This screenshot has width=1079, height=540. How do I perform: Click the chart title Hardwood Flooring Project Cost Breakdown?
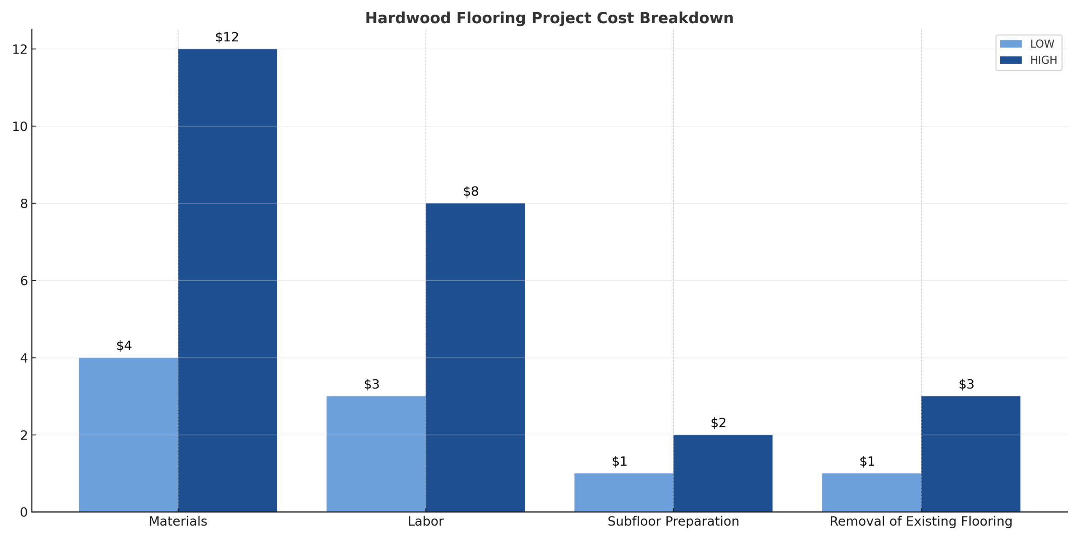coord(549,18)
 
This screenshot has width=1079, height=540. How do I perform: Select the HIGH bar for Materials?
coord(227,280)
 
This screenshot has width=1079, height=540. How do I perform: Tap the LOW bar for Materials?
coord(128,435)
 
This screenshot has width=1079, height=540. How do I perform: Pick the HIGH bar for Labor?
coord(475,357)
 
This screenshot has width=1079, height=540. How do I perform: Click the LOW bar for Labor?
coord(376,454)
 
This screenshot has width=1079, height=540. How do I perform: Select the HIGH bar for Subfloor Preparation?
coord(723,473)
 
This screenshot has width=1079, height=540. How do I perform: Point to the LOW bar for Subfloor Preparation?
coord(624,492)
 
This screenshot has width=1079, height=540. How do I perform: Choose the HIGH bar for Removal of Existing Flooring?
coord(971,454)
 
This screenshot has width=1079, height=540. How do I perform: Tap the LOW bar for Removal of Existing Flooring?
coord(872,492)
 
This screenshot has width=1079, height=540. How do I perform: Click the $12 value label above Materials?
coord(227,37)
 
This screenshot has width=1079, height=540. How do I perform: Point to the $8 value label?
coord(471,192)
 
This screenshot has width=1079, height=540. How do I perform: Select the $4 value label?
coord(124,346)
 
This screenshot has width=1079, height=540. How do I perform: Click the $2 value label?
coord(719,423)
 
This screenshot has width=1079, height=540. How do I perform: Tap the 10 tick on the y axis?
coord(19,126)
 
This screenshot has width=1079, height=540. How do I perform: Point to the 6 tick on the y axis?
coord(24,281)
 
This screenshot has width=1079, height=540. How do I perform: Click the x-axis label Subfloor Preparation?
coord(673,521)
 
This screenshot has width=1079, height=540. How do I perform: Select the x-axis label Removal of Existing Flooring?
coord(921,521)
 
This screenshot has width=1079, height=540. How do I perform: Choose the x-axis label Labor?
coord(426,521)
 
